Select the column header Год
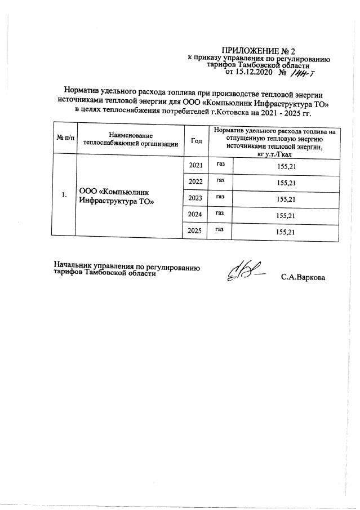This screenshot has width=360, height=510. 197,140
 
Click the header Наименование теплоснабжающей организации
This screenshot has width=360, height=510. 131,140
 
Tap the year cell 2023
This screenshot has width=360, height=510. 196,198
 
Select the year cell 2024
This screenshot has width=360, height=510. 196,215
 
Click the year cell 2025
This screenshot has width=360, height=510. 196,231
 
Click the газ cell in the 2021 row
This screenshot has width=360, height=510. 220,165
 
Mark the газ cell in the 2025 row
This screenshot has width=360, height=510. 220,230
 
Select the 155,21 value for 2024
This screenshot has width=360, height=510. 285,216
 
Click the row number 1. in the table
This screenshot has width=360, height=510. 64,195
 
